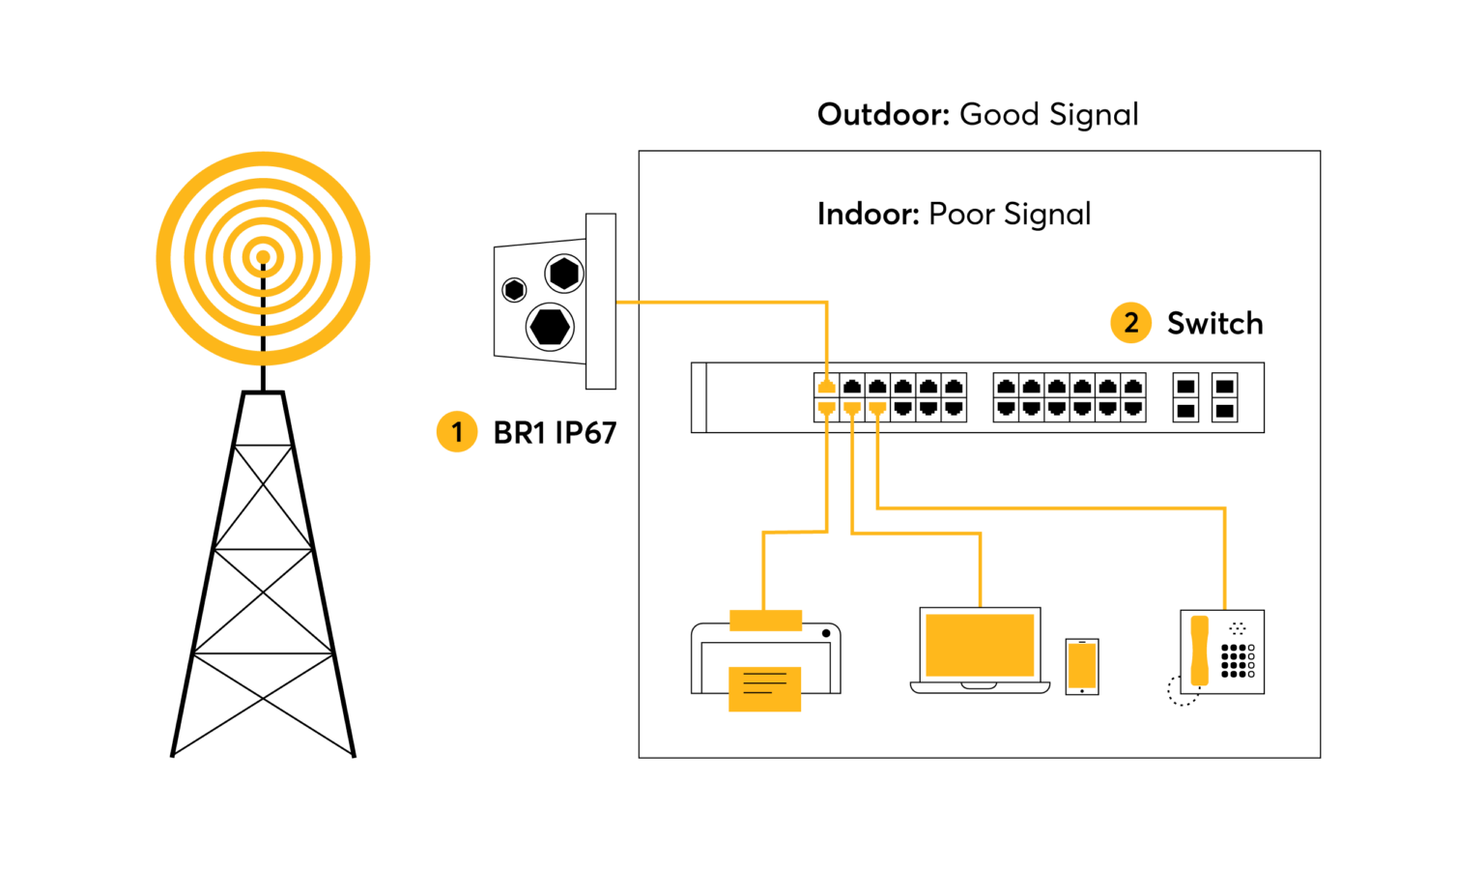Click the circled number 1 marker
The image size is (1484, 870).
pyautogui.click(x=457, y=431)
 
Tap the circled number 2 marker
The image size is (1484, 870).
pyautogui.click(x=1130, y=322)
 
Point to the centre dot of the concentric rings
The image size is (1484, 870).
pyautogui.click(x=263, y=257)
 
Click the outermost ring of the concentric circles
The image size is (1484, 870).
pyautogui.click(x=164, y=258)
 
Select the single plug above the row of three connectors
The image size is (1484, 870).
pyautogui.click(x=826, y=387)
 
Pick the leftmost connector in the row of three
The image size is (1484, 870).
pyautogui.click(x=826, y=408)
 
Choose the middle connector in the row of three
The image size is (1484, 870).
pyautogui.click(x=851, y=408)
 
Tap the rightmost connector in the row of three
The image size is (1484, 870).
pyautogui.click(x=877, y=408)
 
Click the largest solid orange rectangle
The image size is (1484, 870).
pyautogui.click(x=980, y=645)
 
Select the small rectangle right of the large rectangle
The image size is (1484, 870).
pyautogui.click(x=1081, y=665)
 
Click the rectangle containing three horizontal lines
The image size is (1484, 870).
pyautogui.click(x=764, y=689)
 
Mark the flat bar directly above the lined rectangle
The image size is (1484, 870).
pyautogui.click(x=765, y=621)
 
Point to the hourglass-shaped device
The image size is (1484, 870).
pyautogui.click(x=1199, y=651)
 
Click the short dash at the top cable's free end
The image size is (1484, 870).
pyautogui.click(x=627, y=303)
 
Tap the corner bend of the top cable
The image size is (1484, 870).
pyautogui.click(x=827, y=304)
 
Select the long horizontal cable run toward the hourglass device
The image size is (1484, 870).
pyautogui.click(x=1053, y=507)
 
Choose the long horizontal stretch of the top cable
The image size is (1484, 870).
pyautogui.click(x=734, y=303)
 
